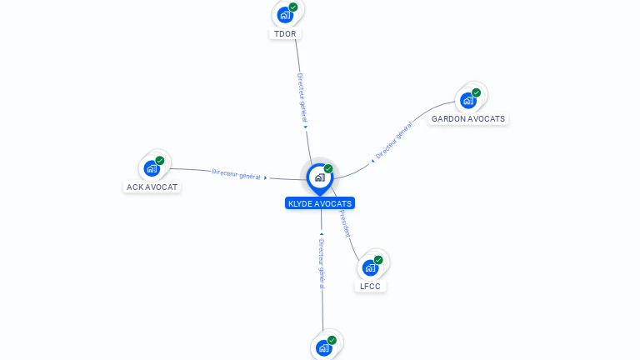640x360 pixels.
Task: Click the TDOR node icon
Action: (285, 14)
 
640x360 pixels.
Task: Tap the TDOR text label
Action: (284, 34)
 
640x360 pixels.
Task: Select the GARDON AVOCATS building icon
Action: (467, 100)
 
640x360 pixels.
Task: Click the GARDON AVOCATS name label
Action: (467, 119)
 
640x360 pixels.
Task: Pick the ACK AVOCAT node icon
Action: (151, 168)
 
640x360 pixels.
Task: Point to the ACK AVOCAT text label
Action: (152, 187)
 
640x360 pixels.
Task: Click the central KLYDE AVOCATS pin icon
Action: (319, 177)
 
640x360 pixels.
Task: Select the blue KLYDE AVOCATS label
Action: (320, 203)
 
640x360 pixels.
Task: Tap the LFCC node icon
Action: (370, 267)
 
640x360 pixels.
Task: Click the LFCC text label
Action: (370, 287)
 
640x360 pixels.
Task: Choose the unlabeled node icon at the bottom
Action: (323, 347)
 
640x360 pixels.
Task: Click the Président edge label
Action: (345, 224)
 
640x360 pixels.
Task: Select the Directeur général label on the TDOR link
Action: (302, 97)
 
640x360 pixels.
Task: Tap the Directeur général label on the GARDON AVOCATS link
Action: (394, 140)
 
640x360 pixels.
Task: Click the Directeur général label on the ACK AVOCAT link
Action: (237, 174)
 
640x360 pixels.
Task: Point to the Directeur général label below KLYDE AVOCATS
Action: (322, 263)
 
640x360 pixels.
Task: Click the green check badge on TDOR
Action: (293, 7)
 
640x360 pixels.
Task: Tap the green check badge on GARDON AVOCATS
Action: (476, 92)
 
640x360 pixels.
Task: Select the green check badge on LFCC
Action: (378, 260)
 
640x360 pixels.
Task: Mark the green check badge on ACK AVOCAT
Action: (159, 161)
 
